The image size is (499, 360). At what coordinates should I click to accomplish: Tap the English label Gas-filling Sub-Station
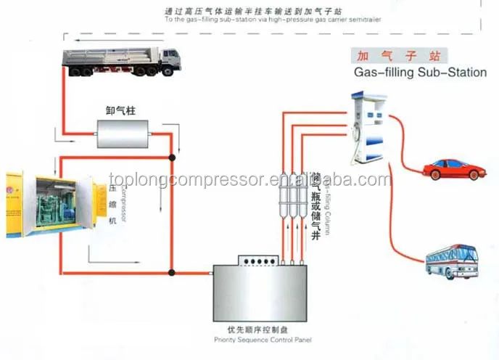click(419, 73)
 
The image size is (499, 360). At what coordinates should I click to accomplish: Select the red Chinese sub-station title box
click(396, 55)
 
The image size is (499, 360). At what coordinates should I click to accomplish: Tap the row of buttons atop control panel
click(259, 261)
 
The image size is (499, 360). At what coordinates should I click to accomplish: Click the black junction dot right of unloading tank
click(171, 157)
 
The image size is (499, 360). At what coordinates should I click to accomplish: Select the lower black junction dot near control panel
click(171, 273)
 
